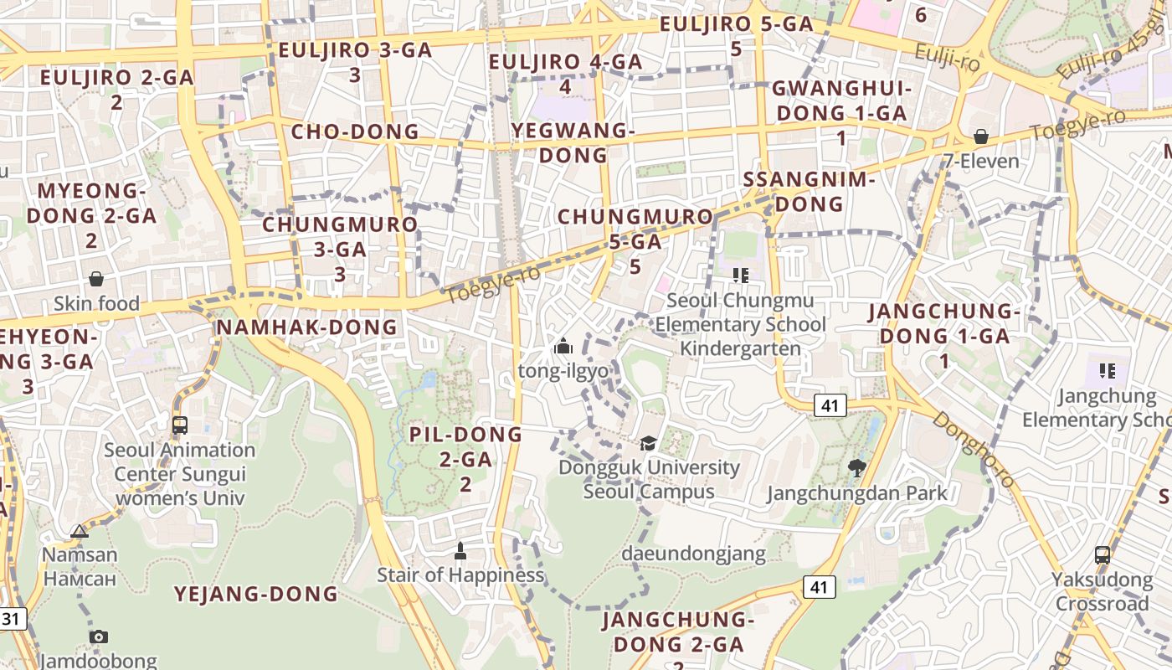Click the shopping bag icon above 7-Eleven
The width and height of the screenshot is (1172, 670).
[x=980, y=137]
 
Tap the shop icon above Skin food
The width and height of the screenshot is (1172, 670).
[x=96, y=279]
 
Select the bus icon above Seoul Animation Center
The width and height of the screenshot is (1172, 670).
[x=180, y=425]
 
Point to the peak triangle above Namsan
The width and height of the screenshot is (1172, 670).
[x=80, y=531]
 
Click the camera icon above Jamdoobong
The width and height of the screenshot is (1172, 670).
[x=99, y=636]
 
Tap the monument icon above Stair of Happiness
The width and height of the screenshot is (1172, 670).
[x=460, y=551]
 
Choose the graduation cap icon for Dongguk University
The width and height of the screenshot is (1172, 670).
[x=648, y=443]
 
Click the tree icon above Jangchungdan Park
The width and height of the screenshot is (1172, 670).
[x=856, y=468]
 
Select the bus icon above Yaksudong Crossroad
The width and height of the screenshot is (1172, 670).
[x=1103, y=554]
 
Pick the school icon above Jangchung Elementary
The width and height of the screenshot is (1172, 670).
[x=1107, y=370]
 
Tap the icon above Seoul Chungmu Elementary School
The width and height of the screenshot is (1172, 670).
[x=740, y=275]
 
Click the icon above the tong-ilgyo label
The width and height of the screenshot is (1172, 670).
[x=563, y=346]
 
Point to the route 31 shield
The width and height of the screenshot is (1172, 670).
[x=11, y=620]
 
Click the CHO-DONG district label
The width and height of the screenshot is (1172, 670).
[x=355, y=131]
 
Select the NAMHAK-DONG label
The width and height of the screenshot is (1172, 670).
[x=307, y=327]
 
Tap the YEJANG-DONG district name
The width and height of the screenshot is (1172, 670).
[x=255, y=595]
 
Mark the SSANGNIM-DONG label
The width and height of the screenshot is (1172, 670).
[x=809, y=191]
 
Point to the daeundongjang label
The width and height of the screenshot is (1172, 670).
[x=693, y=554]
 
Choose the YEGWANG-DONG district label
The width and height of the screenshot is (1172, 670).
[x=573, y=142]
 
